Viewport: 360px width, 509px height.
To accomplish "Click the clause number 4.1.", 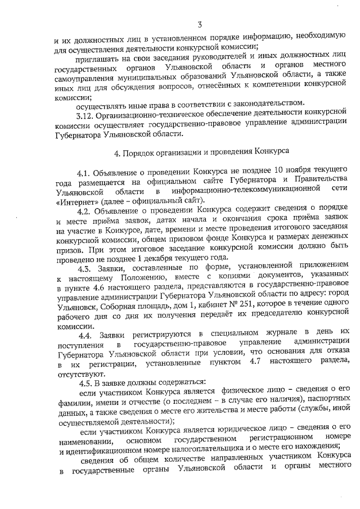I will coord(85,170).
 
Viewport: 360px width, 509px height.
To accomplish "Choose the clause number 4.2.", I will coord(85,211).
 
